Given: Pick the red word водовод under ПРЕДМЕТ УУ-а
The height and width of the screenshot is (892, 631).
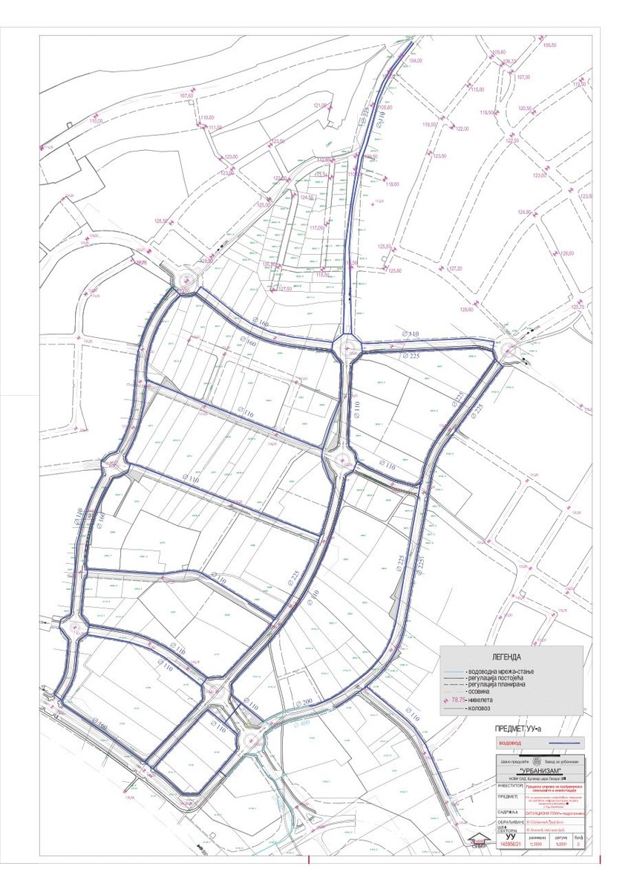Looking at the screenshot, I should [509, 741].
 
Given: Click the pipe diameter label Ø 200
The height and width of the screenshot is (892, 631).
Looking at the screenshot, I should [305, 702].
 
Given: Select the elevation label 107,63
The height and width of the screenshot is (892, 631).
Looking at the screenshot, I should [186, 96].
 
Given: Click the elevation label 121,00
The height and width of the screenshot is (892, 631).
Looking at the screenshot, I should [320, 106].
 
